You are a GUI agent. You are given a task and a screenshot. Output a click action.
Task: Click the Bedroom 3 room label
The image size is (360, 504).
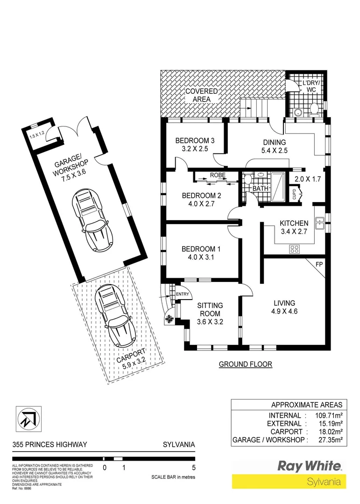pyautogui.click(x=194, y=140)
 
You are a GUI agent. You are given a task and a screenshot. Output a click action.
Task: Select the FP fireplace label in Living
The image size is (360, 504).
pyautogui.click(x=319, y=264)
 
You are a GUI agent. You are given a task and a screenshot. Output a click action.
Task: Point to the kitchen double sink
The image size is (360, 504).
pyautogui.click(x=320, y=223)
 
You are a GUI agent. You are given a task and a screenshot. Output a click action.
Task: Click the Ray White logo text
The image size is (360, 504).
pyautogui.click(x=310, y=466)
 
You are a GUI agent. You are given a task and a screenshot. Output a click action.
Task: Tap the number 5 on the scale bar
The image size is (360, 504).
pyautogui.click(x=193, y=467)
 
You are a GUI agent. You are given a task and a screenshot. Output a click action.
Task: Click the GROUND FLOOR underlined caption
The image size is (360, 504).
pyautogui.click(x=245, y=364)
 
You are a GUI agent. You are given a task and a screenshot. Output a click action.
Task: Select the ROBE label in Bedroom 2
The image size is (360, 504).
pyautogui.click(x=218, y=175)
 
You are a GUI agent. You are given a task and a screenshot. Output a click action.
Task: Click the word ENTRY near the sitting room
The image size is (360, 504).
pyautogui.click(x=183, y=294)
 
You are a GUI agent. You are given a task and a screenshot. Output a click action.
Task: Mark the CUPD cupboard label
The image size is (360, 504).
pyautogui.click(x=295, y=193)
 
